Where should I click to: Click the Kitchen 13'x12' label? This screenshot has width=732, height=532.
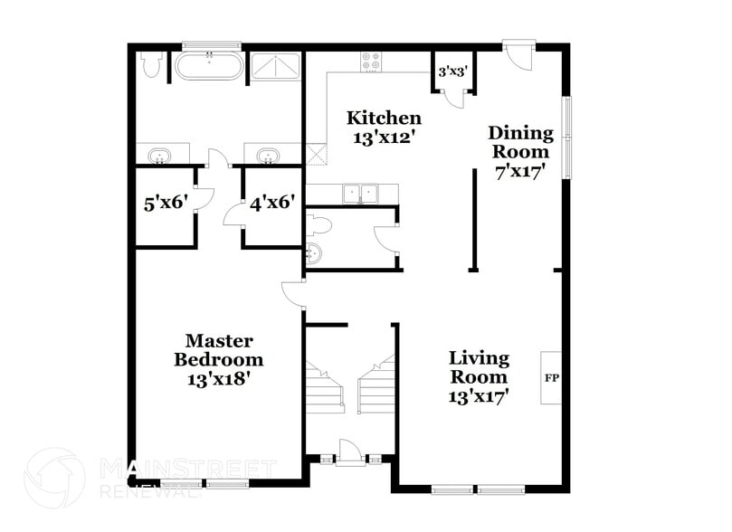385,128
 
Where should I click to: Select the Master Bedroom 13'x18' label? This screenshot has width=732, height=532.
218,359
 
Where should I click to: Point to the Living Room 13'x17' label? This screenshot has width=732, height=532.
479,375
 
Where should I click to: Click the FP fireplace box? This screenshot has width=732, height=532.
550,377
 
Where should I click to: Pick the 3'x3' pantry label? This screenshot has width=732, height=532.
452,71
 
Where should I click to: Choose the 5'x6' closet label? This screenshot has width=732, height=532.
166,203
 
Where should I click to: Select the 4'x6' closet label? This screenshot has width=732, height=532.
272,203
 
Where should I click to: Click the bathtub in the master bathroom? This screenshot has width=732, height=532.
209,67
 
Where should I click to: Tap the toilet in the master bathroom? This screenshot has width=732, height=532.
152,66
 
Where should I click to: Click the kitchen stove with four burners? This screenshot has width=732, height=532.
372,62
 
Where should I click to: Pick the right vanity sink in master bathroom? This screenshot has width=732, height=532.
268,157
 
